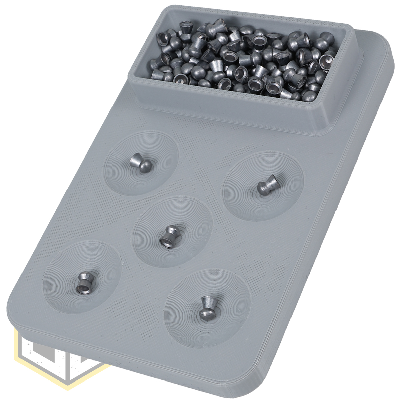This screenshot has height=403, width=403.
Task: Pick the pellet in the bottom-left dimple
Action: pyautogui.click(x=85, y=282)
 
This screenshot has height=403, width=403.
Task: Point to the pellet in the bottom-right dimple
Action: pyautogui.click(x=207, y=307)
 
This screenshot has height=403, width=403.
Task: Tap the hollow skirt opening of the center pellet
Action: pyautogui.click(x=166, y=241)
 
